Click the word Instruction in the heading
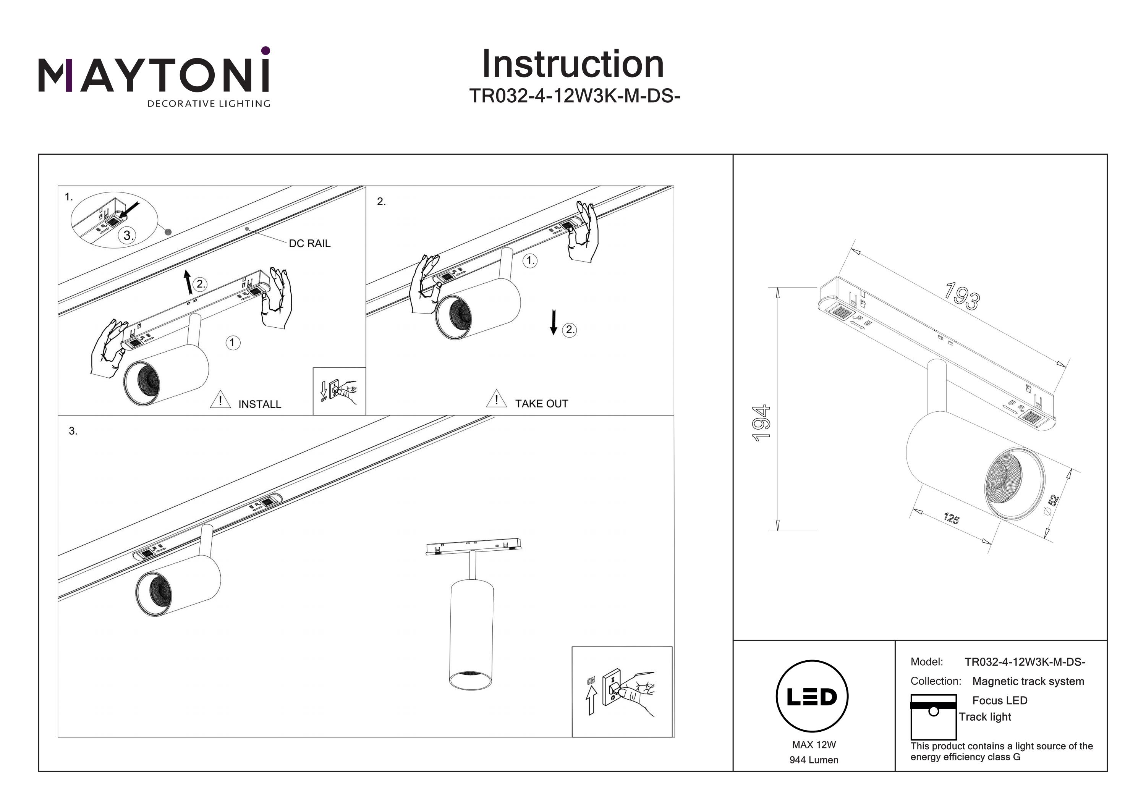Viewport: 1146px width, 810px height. click(x=573, y=65)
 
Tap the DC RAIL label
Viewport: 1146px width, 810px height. click(x=309, y=244)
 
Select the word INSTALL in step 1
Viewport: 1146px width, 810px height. click(x=259, y=404)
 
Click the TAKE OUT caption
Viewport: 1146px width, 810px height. click(x=542, y=404)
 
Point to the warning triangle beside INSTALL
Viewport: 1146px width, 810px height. click(x=220, y=400)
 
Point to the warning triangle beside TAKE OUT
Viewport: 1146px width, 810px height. click(x=496, y=399)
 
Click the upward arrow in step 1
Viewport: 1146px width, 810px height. click(x=188, y=282)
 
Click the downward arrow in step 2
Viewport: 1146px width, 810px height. click(x=553, y=322)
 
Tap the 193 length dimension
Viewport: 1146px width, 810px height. click(x=962, y=296)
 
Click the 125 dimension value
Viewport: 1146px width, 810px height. click(x=951, y=519)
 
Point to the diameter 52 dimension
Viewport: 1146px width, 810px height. click(x=1051, y=503)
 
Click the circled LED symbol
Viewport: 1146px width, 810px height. click(x=812, y=697)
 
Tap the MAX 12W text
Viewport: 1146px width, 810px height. click(x=814, y=745)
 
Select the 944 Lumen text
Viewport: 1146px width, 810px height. click(x=814, y=760)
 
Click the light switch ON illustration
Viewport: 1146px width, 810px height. click(x=622, y=692)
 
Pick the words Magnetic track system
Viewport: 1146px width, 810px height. click(x=1028, y=681)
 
